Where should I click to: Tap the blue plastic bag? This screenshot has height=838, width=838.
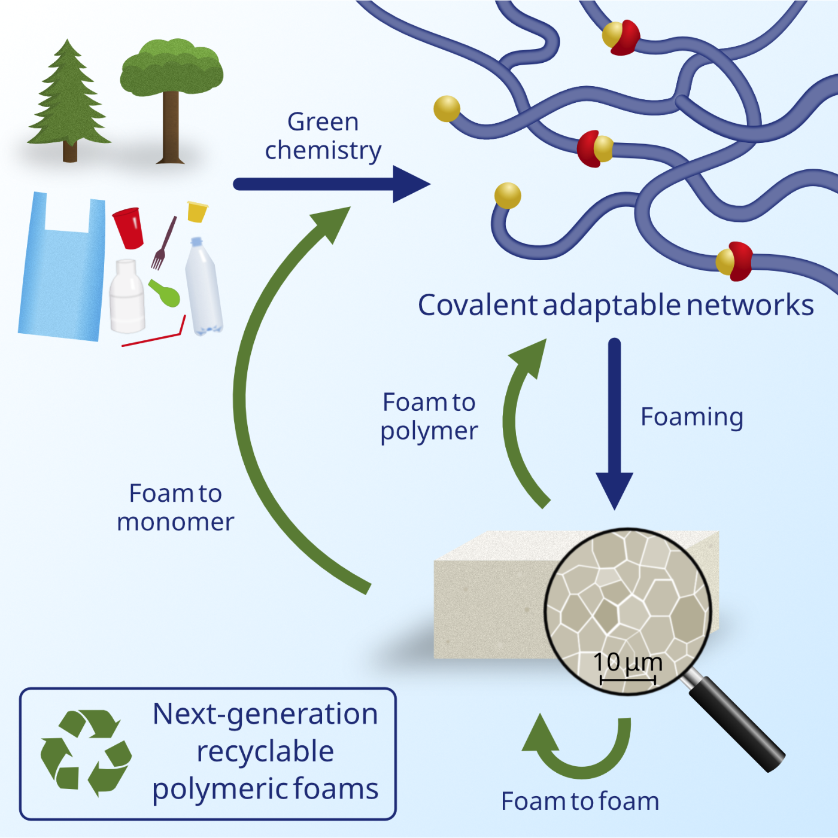(62, 266)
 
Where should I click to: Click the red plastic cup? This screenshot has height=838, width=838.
(129, 228)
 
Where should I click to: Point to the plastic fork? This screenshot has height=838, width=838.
(163, 243)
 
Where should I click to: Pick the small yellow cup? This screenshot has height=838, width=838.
(197, 212)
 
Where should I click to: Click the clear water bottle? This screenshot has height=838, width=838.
(204, 287)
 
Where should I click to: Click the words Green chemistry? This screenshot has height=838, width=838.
(323, 136)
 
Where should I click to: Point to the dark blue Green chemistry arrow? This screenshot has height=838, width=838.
(332, 184)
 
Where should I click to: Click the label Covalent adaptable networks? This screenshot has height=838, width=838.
(615, 305)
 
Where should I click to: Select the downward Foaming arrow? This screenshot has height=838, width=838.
(614, 423)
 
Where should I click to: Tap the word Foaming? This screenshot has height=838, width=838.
(692, 418)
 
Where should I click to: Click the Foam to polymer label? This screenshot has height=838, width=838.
(429, 417)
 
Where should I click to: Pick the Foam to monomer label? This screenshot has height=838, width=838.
(175, 507)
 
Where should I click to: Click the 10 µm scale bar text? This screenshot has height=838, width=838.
(628, 663)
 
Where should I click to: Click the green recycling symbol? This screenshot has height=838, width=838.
(86, 754)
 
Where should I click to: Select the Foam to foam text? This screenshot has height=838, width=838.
(580, 802)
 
